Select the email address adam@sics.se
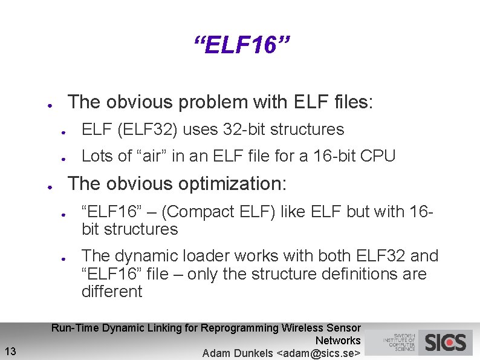[x=318, y=353]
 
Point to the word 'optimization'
[x=232, y=183]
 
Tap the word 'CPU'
[x=378, y=156]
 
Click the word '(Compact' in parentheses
[x=196, y=212]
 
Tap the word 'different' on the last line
[x=112, y=292]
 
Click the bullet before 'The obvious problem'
[x=53, y=103]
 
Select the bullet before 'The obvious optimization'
[x=53, y=185]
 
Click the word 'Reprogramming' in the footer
[x=239, y=328]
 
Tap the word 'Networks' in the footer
[x=338, y=341]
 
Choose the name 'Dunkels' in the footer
[x=249, y=353]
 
